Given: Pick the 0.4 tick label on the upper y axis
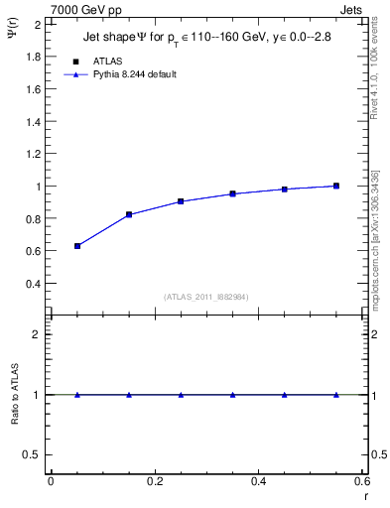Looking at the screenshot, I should tap(35, 284).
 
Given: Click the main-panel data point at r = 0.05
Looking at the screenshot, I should tap(77, 246).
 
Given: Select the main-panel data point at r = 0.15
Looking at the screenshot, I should tap(129, 214).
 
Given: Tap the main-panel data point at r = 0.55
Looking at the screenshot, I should tap(336, 186).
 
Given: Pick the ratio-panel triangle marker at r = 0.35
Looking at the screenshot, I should tap(232, 394).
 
